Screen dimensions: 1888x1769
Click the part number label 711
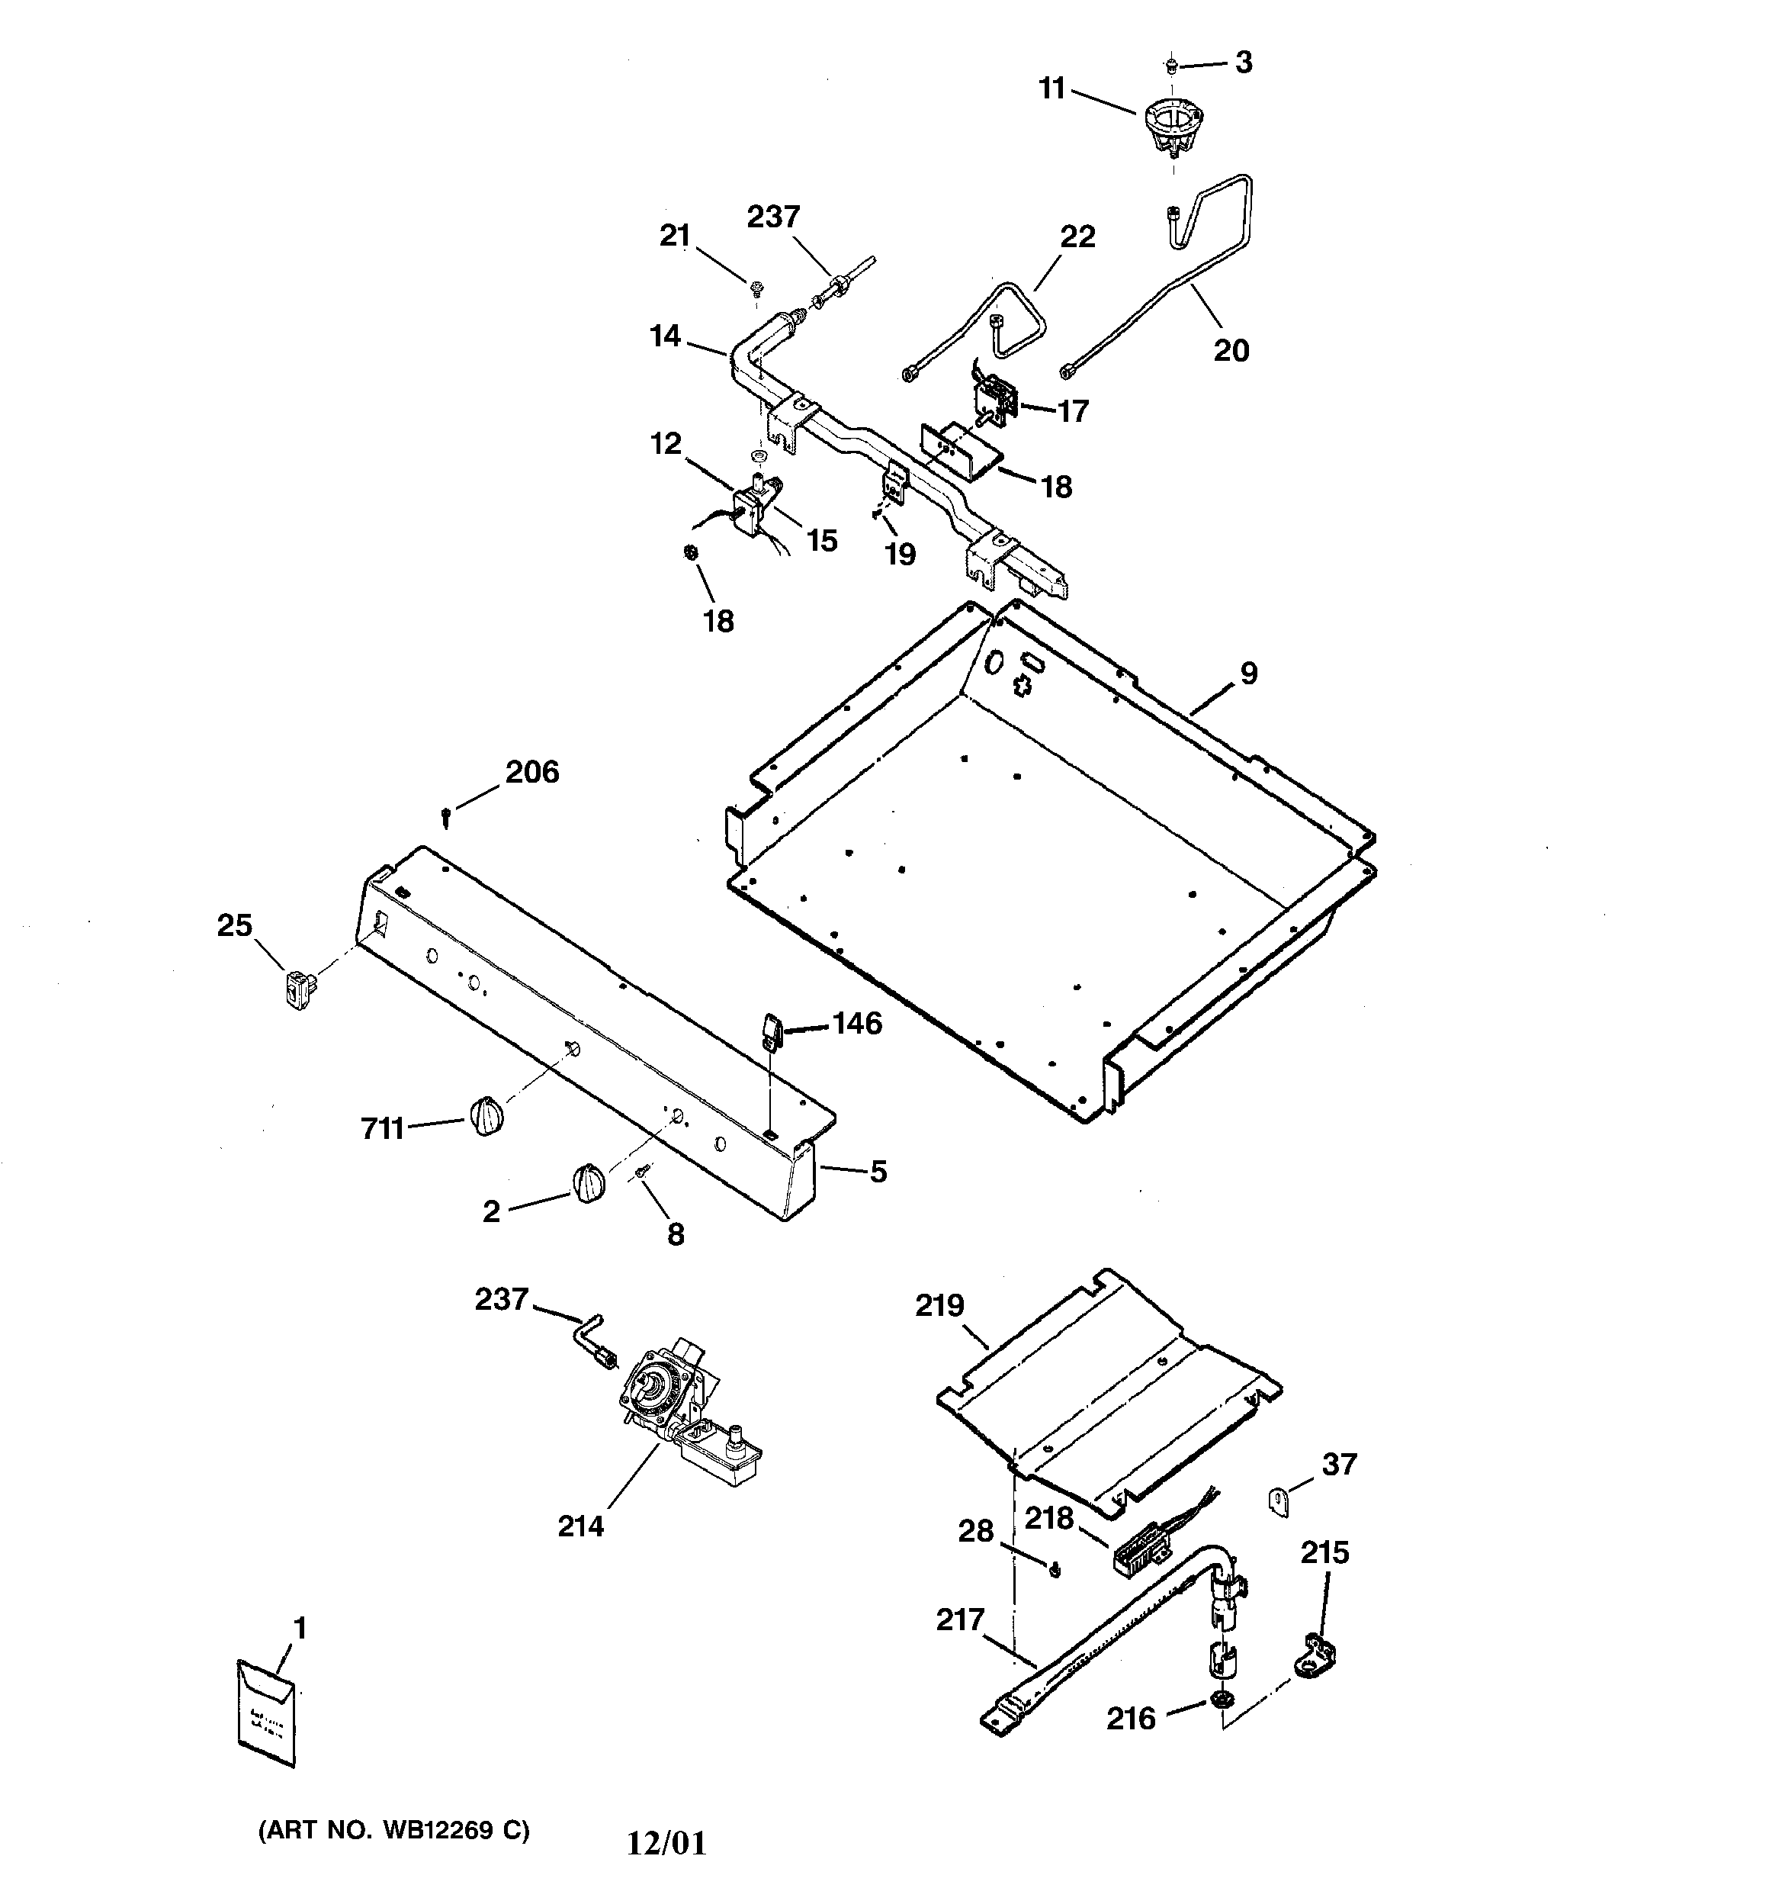pos(382,1129)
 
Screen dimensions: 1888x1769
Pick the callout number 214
pos(580,1527)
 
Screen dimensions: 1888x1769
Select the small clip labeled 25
pos(299,991)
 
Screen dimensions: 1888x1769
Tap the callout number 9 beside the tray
pos(1249,674)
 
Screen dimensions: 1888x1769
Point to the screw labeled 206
pos(445,814)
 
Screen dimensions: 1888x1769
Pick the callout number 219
pos(939,1306)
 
